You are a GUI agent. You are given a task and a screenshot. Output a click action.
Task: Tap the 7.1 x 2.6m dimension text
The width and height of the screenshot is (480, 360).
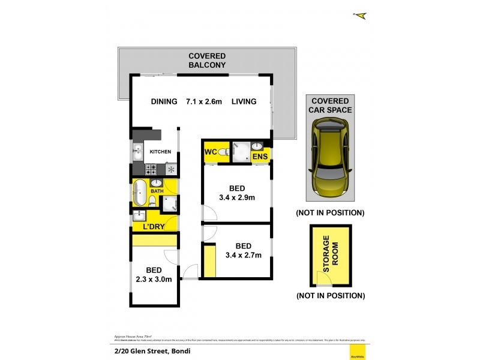(x=204, y=102)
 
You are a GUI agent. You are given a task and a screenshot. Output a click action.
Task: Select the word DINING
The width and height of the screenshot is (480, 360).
(x=164, y=102)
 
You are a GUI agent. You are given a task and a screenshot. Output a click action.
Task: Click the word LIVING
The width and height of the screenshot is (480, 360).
(x=244, y=102)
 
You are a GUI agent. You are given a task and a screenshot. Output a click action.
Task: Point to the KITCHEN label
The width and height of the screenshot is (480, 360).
(x=160, y=152)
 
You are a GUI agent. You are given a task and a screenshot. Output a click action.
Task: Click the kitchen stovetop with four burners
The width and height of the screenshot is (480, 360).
(x=152, y=169)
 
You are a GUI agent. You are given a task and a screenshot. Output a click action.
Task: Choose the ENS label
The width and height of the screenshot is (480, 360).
(x=259, y=157)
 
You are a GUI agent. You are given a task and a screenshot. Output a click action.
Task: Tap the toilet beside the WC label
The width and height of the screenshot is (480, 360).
(x=223, y=152)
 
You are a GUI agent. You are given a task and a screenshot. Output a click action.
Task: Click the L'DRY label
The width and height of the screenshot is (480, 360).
(x=154, y=227)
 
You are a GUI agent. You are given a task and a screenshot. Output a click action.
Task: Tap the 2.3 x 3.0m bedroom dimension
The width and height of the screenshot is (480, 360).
(x=154, y=274)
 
